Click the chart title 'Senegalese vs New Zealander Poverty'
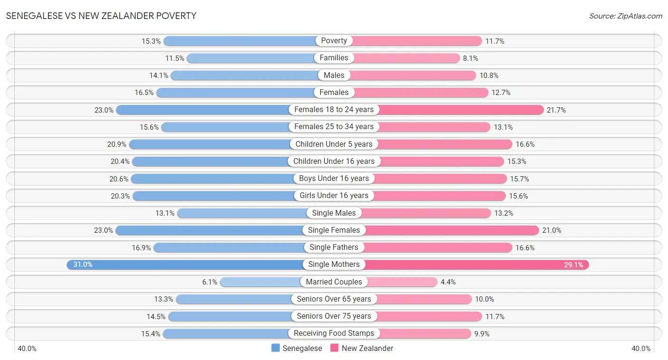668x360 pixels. tap(101, 16)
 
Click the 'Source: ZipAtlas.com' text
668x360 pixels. tap(625, 16)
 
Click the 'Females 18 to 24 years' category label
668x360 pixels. tap(334, 110)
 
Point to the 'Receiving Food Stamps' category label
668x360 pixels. tap(334, 333)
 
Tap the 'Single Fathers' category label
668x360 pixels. tap(334, 247)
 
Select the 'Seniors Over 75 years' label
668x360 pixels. tap(334, 316)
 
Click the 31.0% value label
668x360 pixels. tap(83, 265)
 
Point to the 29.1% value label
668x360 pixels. tap(573, 265)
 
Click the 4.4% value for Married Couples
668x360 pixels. tap(448, 282)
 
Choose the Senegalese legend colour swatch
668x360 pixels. tap(276, 348)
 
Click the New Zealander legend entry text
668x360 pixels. tap(367, 348)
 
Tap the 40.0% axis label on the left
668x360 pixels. tap(27, 349)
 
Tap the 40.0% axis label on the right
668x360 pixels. tap(641, 349)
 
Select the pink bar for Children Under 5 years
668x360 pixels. tap(445, 144)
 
